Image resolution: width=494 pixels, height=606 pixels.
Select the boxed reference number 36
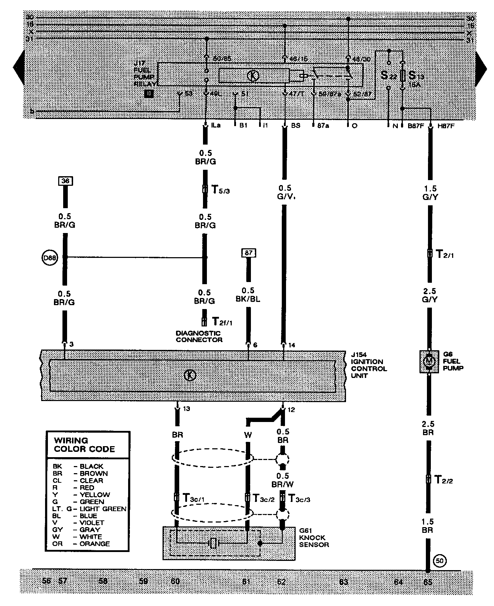[x=65, y=181]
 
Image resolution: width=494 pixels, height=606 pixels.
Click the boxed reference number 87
[x=248, y=253]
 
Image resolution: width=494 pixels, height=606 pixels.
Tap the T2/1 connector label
[x=445, y=254]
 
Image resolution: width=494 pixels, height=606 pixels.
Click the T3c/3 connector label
[x=300, y=498]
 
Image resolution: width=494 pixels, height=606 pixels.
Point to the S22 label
[x=387, y=75]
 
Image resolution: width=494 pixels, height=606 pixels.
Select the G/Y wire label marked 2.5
[x=429, y=296]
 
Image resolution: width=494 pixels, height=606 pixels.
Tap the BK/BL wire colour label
[x=248, y=299]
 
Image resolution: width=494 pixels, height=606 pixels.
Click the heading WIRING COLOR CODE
[x=84, y=445]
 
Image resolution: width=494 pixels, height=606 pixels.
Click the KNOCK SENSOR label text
[x=314, y=541]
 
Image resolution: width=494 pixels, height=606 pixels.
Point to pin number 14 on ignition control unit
[x=292, y=345]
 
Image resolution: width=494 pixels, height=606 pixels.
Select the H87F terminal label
[x=446, y=126]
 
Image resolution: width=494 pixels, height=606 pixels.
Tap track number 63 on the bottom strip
[x=344, y=582]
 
